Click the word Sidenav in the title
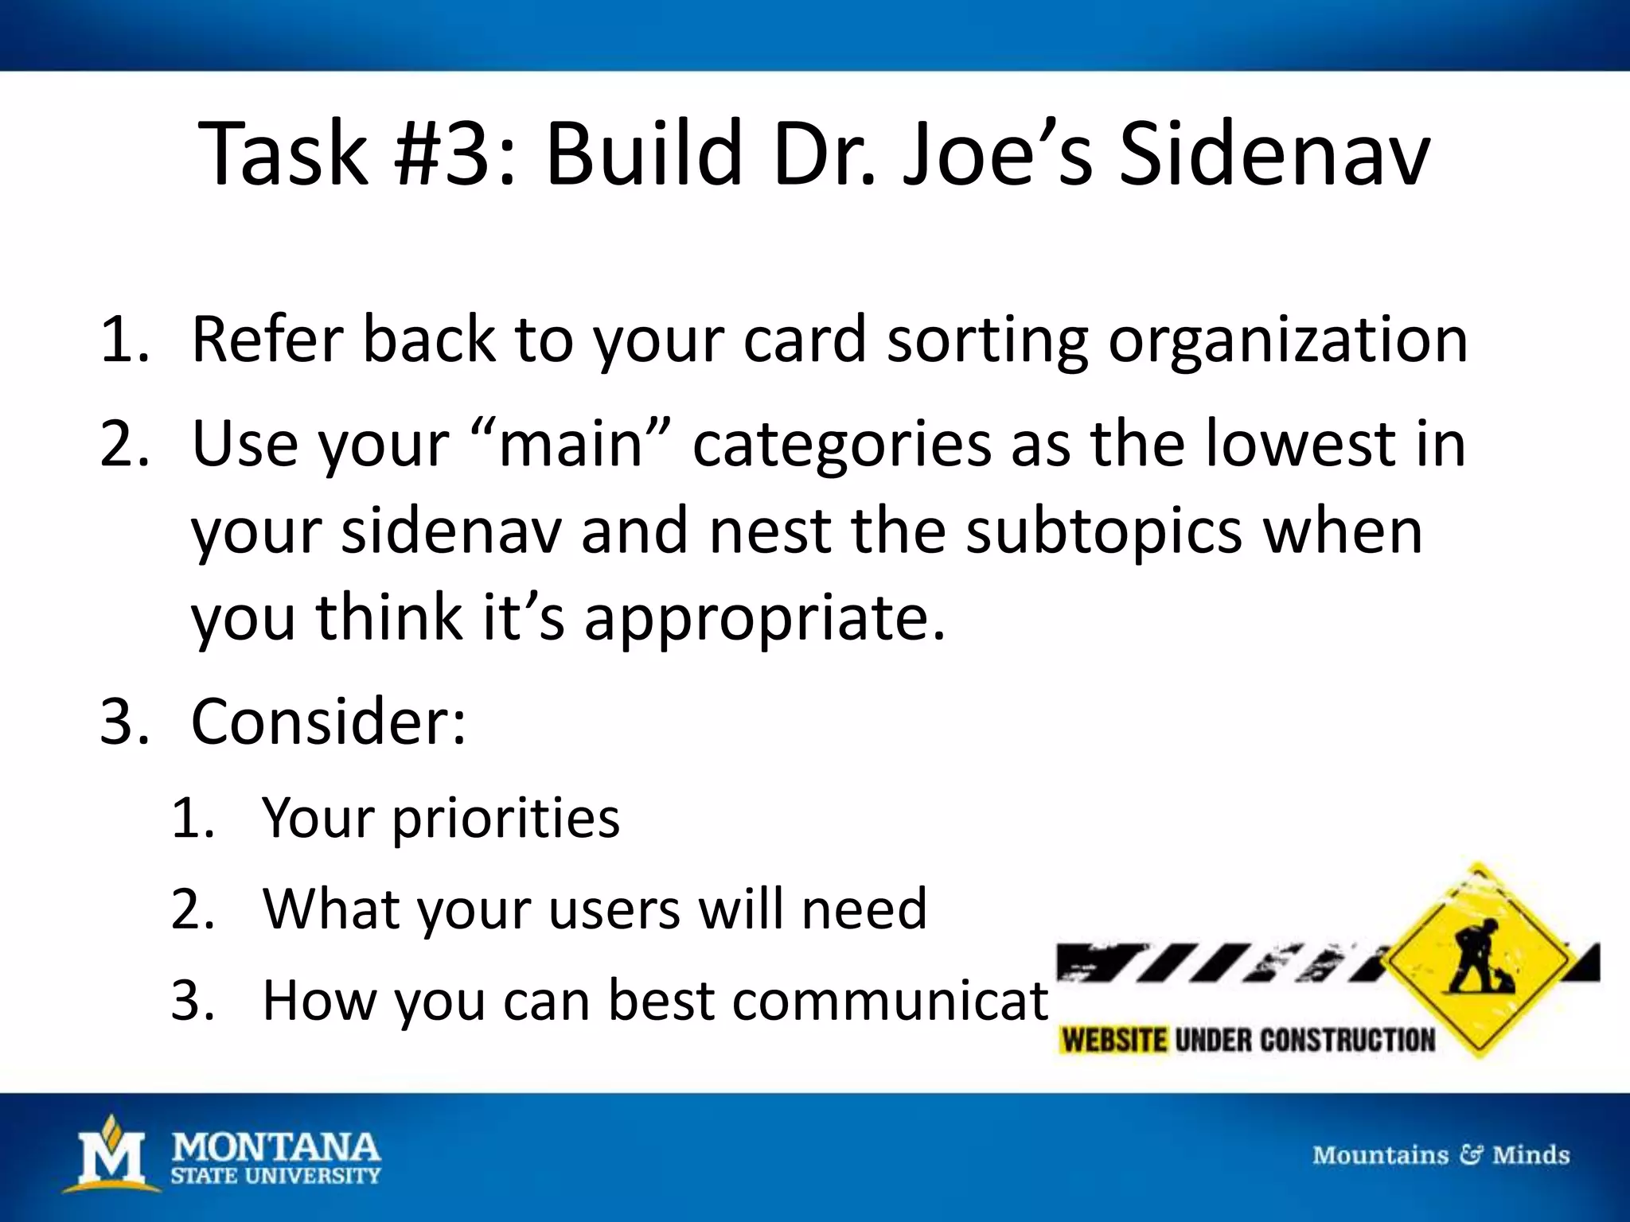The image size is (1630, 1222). tap(1273, 155)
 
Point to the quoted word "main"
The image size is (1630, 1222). tap(571, 444)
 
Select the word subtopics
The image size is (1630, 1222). tap(1103, 531)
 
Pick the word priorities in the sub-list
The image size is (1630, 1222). tap(505, 818)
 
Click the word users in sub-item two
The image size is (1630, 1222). tap(614, 909)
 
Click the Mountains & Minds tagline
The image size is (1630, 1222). tap(1441, 1154)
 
